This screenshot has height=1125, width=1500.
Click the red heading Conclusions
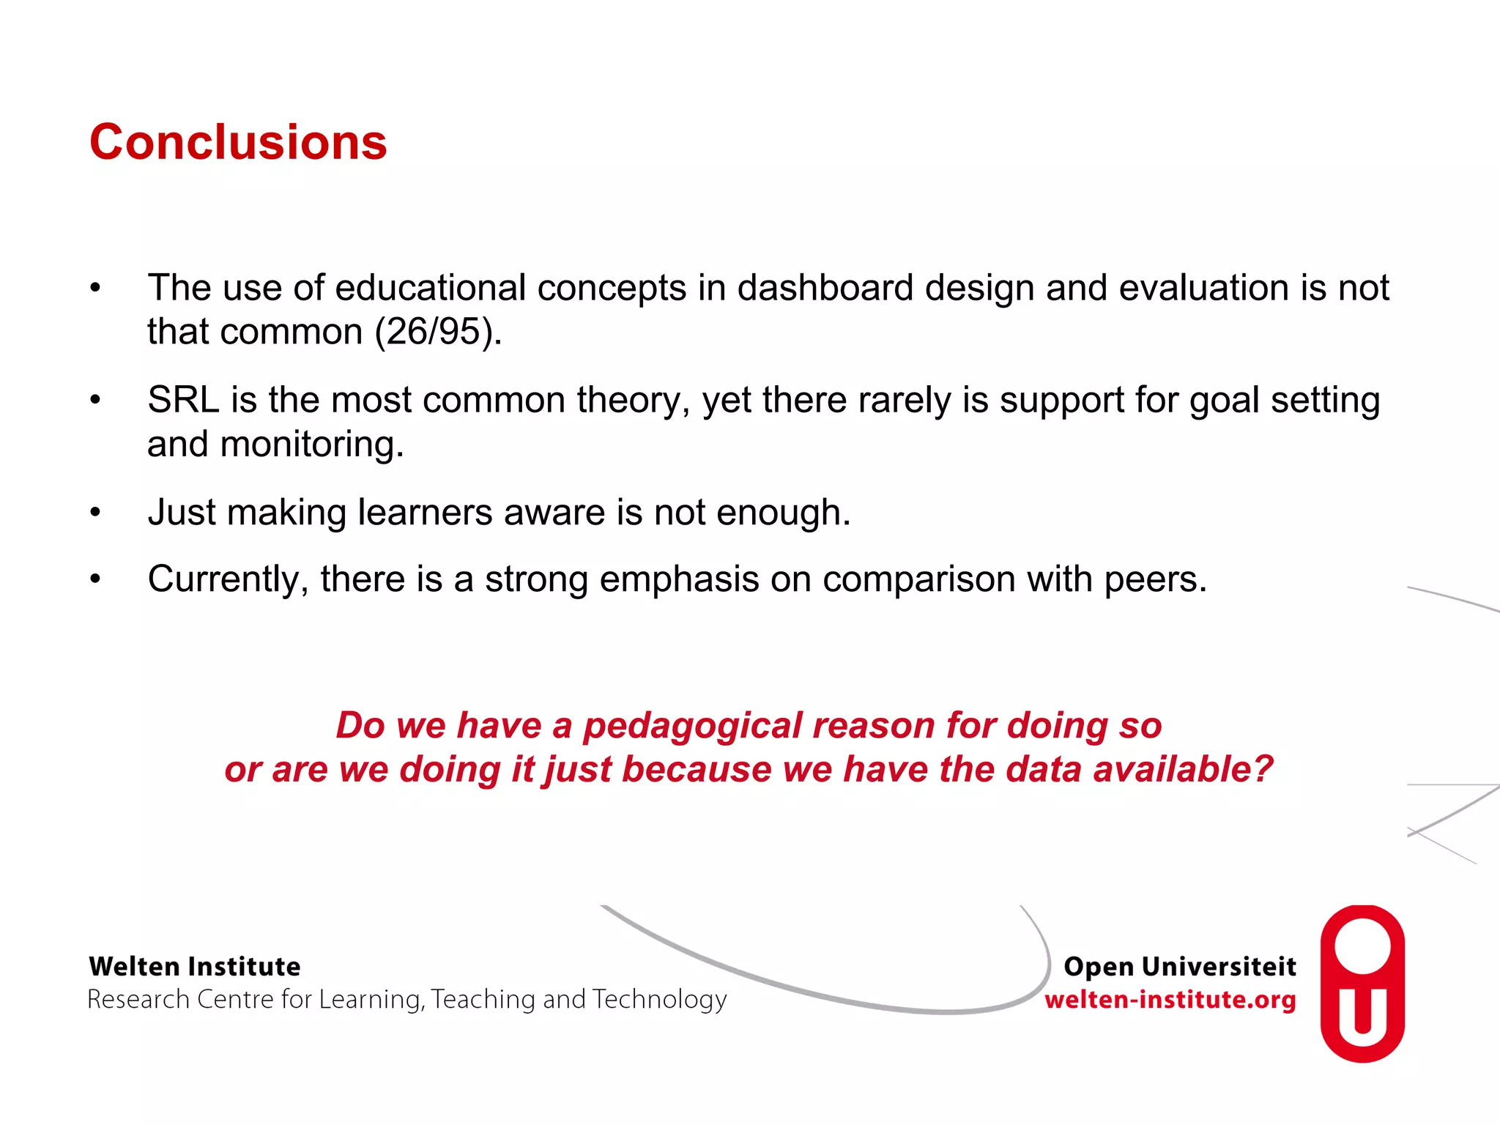click(238, 142)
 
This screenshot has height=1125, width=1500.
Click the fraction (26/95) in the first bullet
click(438, 332)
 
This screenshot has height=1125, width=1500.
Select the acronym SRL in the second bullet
click(183, 401)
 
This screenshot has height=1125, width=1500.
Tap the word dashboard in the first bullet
click(825, 288)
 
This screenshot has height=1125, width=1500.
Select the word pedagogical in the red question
click(692, 726)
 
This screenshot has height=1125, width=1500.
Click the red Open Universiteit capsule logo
click(1362, 983)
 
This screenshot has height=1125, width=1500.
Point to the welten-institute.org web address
click(1170, 1000)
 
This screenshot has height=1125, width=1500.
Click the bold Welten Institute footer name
click(195, 967)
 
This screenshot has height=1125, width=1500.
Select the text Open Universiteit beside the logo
click(1179, 967)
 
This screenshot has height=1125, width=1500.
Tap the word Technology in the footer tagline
click(659, 1000)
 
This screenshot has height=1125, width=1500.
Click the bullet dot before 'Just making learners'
click(95, 513)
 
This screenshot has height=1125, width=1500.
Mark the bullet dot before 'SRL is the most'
click(95, 401)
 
